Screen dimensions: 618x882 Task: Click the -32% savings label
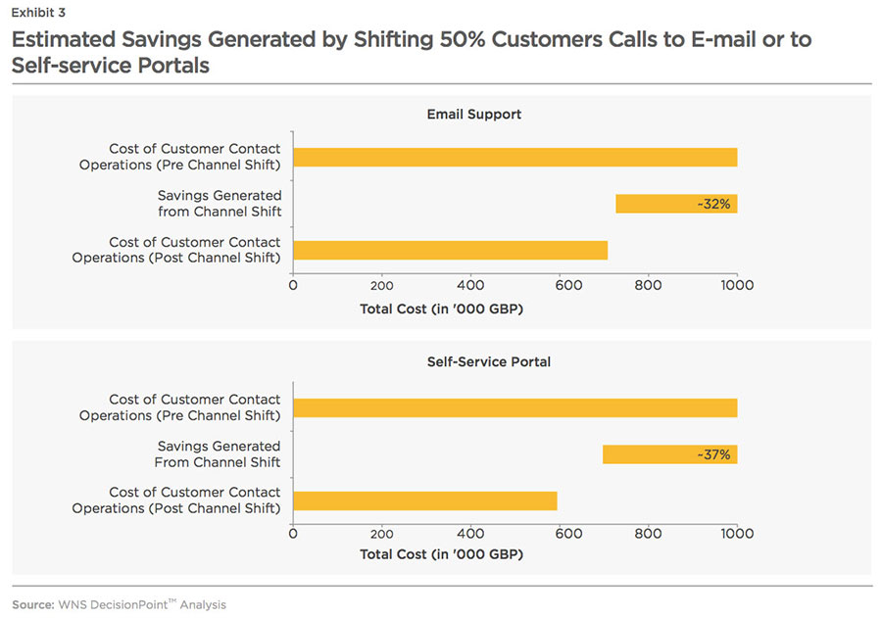click(x=713, y=204)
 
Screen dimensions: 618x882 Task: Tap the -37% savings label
click(x=713, y=454)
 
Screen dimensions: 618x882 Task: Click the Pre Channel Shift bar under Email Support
click(x=514, y=157)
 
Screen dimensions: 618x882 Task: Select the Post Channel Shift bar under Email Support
click(x=450, y=250)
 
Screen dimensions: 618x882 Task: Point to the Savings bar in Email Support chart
click(x=676, y=204)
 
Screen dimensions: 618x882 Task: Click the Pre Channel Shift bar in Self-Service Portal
click(x=514, y=408)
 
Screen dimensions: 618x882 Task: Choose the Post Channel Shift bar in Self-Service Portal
click(x=424, y=500)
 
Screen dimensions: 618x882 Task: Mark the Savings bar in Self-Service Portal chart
click(x=669, y=454)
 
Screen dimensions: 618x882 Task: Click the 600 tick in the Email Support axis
click(x=560, y=285)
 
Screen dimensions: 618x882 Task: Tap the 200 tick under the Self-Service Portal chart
click(x=382, y=534)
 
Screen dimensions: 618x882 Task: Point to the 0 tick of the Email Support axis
click(x=293, y=285)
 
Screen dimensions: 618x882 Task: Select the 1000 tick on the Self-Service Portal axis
click(x=737, y=534)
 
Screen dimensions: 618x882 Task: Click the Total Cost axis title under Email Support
click(x=441, y=308)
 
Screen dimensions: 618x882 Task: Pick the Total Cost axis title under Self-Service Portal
click(x=441, y=554)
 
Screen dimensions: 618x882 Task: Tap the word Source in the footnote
click(x=32, y=605)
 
